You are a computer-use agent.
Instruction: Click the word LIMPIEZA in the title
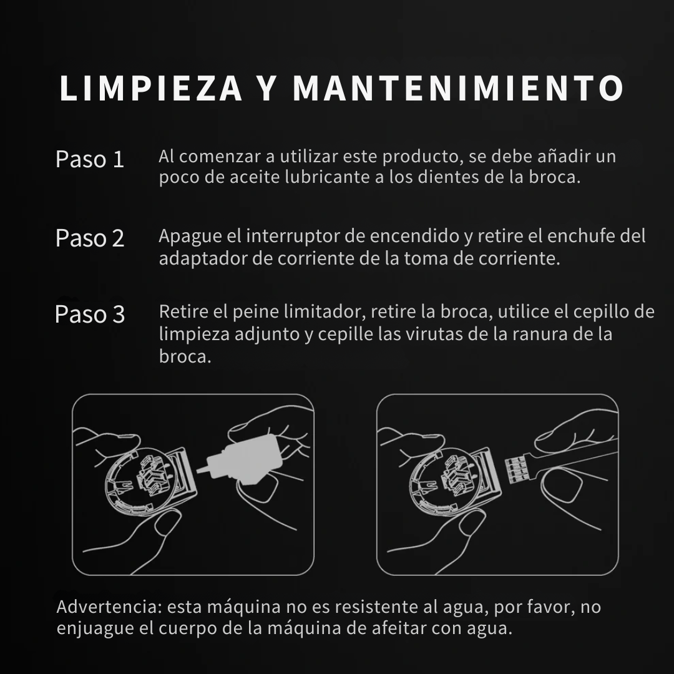click(150, 89)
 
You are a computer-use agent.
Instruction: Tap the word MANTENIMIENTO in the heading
click(458, 89)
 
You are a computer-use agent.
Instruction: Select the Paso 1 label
click(90, 159)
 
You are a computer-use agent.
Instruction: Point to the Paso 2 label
click(90, 238)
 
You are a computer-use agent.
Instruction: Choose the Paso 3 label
click(90, 314)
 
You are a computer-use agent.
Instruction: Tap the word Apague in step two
click(188, 237)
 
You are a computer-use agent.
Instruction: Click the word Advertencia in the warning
click(109, 607)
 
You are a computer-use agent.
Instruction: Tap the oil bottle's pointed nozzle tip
click(200, 468)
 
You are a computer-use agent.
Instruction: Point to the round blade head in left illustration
click(134, 484)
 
